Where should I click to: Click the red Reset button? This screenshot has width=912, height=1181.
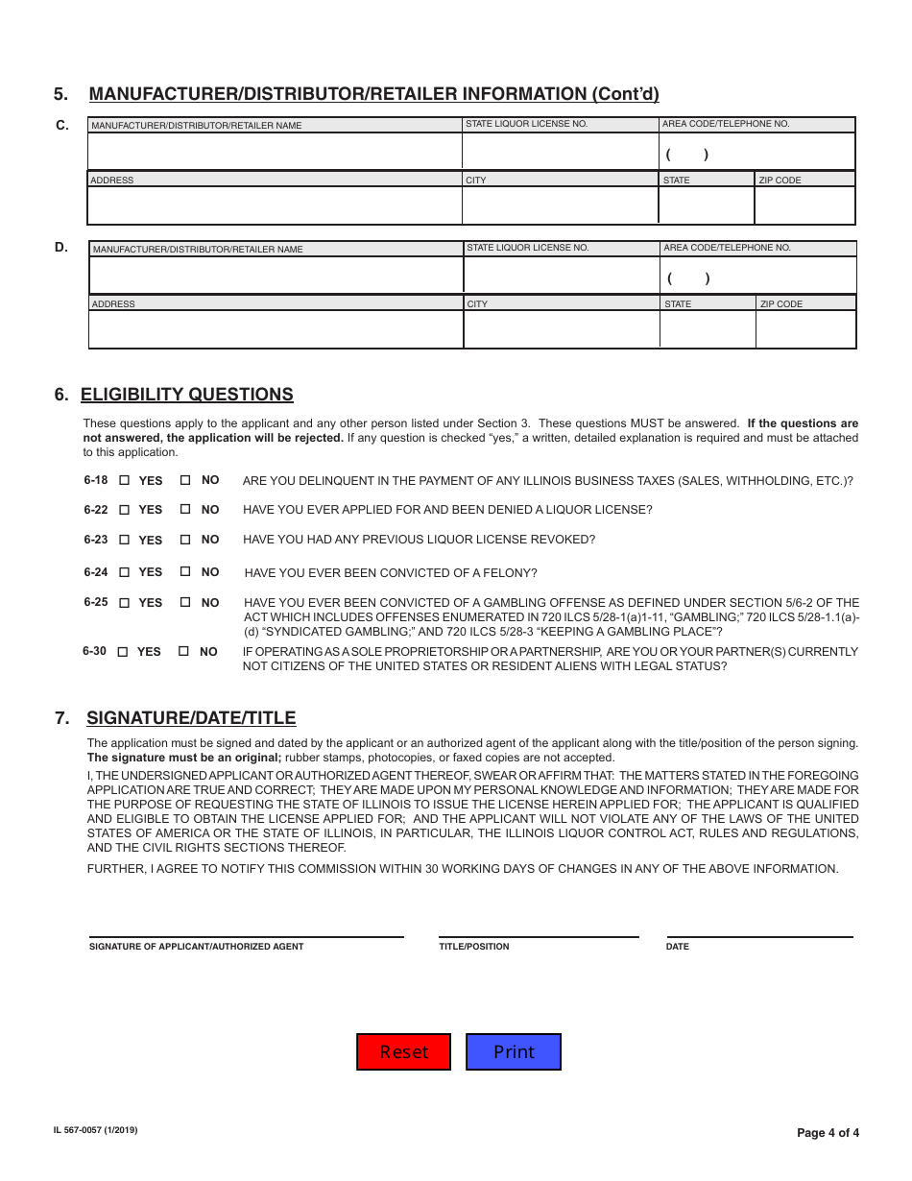pos(404,1051)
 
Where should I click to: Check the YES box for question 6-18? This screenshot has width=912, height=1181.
pos(124,480)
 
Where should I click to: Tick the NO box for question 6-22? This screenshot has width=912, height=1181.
pos(185,510)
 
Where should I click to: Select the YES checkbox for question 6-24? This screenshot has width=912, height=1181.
pos(124,572)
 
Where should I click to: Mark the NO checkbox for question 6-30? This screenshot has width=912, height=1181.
pos(183,651)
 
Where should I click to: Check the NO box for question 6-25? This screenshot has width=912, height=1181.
pos(185,603)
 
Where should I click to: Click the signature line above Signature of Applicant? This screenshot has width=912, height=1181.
pos(246,929)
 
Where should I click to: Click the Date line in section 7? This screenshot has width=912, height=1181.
pos(759,929)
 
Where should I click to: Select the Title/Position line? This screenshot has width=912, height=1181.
pos(539,929)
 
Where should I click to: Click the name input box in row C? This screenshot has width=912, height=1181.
pos(275,152)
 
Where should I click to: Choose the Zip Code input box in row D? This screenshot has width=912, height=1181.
pos(805,329)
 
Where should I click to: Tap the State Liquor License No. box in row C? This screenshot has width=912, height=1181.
pos(560,152)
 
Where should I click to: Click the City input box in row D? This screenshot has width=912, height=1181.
pos(561,329)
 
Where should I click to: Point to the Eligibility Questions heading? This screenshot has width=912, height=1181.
pos(187,395)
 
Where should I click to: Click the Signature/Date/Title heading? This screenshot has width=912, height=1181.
pos(191,718)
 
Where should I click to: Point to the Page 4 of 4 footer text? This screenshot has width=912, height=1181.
pos(828,1133)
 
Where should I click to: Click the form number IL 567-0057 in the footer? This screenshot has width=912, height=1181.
pos(96,1131)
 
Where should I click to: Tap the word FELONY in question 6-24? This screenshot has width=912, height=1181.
pos(512,573)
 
